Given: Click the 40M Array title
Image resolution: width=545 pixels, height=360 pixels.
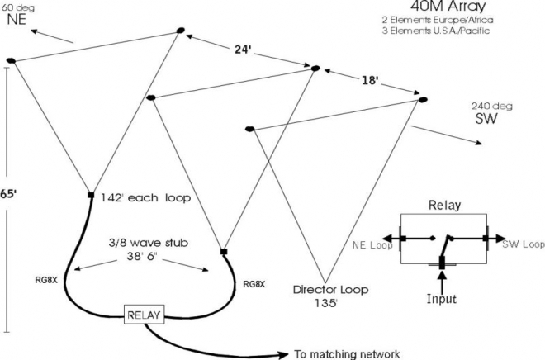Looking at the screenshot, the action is tap(448, 7).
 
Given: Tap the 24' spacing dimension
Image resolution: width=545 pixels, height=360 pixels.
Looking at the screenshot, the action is tap(242, 50).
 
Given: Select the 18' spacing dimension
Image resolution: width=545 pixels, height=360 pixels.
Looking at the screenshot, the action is tap(369, 80).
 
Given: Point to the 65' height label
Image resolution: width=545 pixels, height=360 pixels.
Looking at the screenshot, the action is tap(8, 194).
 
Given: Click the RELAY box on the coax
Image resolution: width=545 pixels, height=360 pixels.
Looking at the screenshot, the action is tap(145, 315).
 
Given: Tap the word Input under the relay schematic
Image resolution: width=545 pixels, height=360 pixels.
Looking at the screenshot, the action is tap(442, 299).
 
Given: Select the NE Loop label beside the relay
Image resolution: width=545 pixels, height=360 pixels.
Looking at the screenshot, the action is tap(372, 245).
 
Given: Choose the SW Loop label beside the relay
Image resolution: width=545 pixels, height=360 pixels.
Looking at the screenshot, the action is tap(524, 244).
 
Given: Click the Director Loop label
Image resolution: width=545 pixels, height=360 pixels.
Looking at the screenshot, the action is tap(330, 290).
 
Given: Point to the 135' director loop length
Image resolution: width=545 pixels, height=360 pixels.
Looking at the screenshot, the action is tap(326, 303).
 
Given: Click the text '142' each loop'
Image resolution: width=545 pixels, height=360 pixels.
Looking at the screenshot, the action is tap(145, 197).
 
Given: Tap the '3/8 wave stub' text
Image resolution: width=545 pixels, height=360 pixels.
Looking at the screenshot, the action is tap(149, 243).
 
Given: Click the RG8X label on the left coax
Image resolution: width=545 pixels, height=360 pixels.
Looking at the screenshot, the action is tap(46, 280).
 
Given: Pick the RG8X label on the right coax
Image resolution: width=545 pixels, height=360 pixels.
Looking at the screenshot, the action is tap(254, 284).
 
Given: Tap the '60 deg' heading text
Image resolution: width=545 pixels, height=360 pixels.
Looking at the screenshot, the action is tap(17, 7).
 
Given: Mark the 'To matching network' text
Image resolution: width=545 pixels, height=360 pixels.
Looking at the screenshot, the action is tap(347, 354).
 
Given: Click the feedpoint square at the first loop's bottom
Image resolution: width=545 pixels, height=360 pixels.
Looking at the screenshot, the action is tap(91, 195).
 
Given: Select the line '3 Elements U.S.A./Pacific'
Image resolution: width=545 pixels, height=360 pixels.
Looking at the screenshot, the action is tap(436, 31).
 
